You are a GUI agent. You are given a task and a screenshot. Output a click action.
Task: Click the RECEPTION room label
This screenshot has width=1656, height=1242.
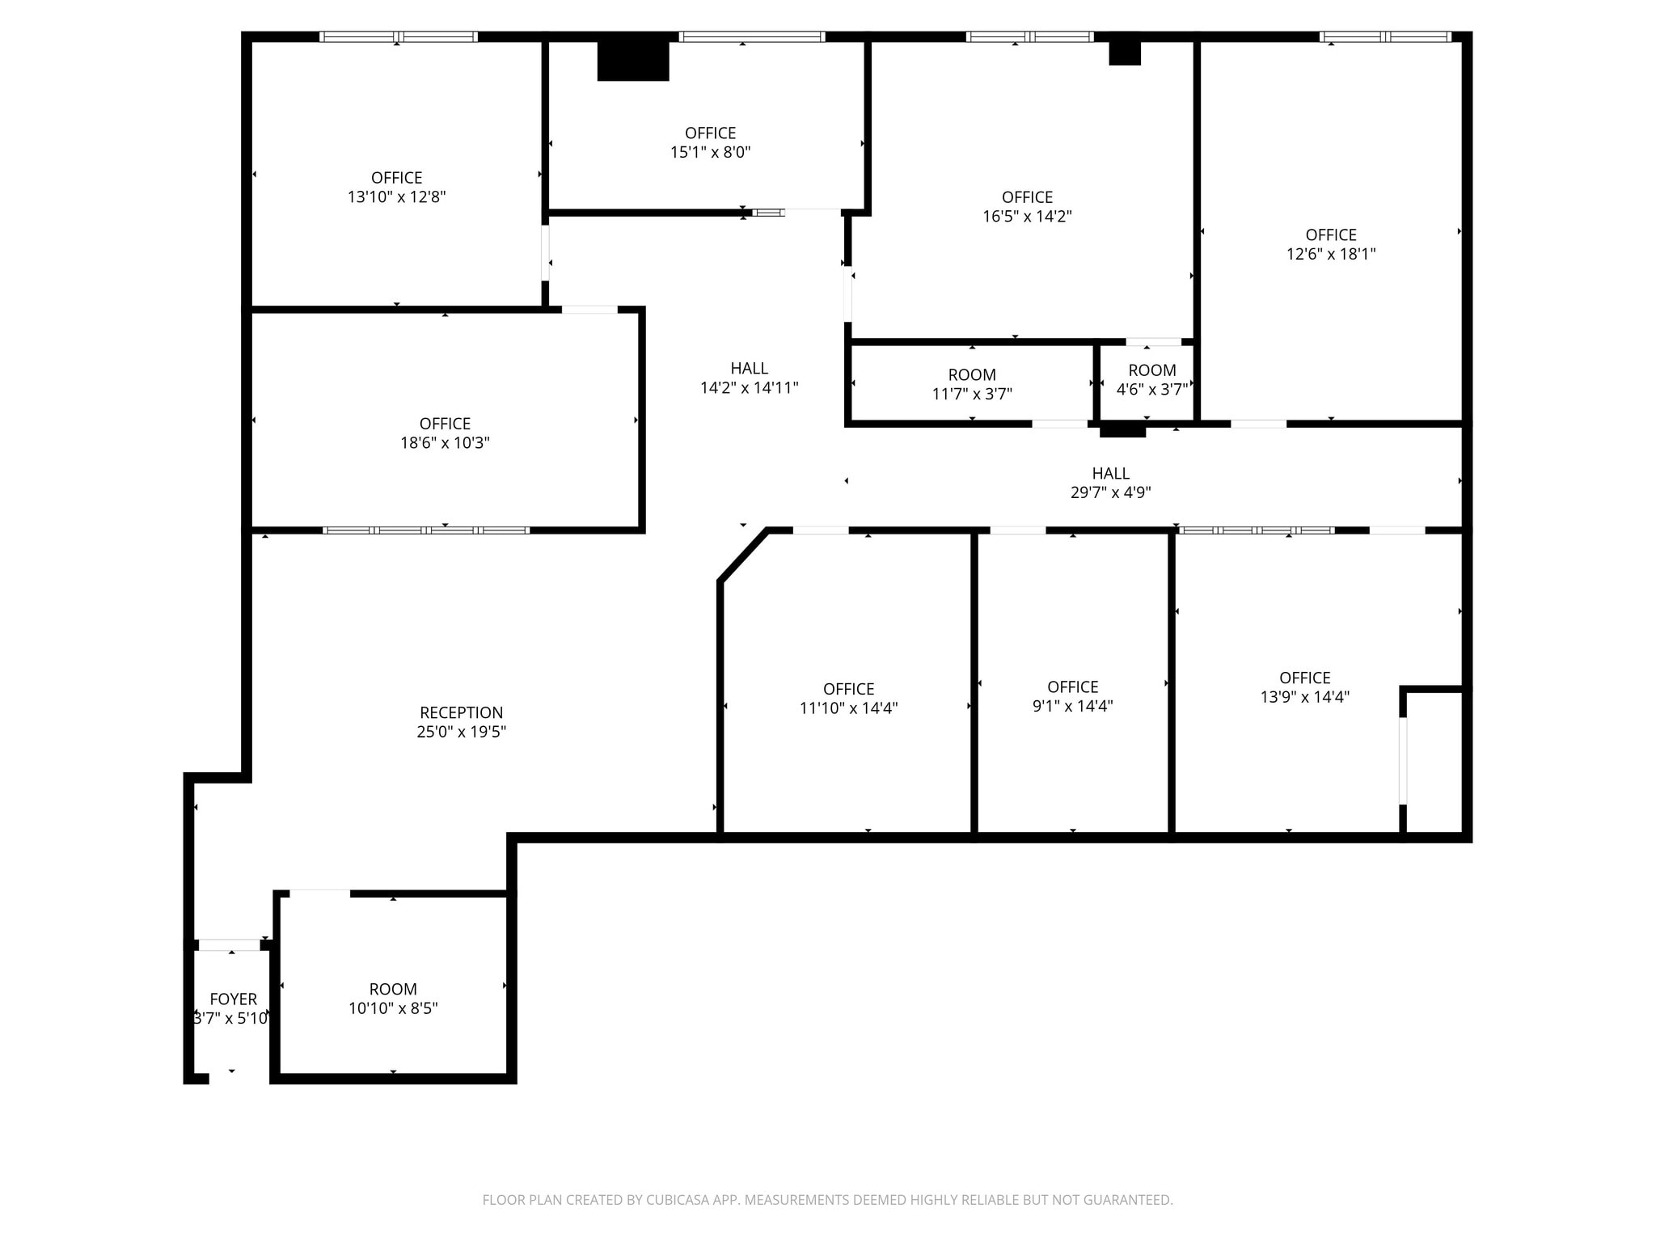[461, 712]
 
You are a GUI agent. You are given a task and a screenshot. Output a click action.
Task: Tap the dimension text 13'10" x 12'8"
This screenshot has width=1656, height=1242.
[396, 196]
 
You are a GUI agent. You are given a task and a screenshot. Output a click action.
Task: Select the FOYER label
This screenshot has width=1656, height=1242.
[233, 999]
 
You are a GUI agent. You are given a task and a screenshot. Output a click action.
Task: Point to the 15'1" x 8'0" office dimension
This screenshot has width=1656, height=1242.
[710, 152]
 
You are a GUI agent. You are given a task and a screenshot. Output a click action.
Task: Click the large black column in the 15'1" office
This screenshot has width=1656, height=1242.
[632, 61]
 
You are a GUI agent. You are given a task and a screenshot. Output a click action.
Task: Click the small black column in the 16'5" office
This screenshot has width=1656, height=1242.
[1124, 53]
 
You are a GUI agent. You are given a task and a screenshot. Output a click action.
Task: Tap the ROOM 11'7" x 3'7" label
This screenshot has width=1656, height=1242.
[972, 384]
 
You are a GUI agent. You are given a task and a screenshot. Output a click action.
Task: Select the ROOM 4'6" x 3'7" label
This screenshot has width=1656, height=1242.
[1151, 380]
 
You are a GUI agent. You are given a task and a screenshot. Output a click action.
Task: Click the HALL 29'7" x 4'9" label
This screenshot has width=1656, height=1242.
[1110, 483]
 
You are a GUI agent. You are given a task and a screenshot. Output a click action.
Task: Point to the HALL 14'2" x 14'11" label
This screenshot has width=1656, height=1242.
[749, 378]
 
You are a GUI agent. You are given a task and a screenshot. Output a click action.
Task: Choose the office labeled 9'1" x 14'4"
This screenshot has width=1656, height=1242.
[1072, 696]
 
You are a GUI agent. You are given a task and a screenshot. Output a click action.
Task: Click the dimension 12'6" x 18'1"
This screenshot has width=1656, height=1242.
[1331, 254]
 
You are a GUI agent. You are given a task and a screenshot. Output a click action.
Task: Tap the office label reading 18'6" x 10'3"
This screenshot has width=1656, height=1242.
[445, 433]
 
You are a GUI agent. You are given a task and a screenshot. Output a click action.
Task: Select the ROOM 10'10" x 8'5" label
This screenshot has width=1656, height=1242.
[393, 999]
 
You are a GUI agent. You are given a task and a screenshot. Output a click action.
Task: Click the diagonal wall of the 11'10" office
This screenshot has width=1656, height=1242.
[743, 555]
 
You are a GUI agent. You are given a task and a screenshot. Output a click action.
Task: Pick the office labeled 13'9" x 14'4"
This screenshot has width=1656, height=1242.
[1304, 687]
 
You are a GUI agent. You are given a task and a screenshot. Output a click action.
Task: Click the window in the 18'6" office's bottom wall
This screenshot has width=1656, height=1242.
[426, 530]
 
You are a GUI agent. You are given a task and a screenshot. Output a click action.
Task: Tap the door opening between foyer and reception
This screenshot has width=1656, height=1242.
[230, 944]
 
